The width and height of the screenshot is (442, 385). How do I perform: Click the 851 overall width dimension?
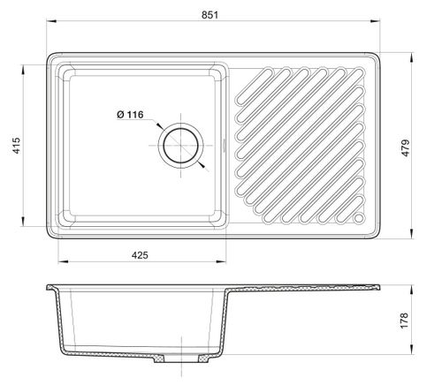click(210, 15)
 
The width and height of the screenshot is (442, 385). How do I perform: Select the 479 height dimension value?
click(406, 147)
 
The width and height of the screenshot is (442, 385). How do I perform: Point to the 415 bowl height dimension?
click(17, 145)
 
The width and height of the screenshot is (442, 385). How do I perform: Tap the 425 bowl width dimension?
click(140, 255)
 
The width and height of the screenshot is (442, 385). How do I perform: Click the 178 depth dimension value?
click(404, 321)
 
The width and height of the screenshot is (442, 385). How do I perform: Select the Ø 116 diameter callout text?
click(130, 115)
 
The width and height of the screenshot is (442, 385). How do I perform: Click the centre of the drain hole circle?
click(180, 146)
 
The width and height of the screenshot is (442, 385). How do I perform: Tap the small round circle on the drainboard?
click(359, 218)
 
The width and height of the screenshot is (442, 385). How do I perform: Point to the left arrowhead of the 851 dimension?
click(51, 21)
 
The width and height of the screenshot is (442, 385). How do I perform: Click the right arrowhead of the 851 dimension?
click(375, 21)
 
